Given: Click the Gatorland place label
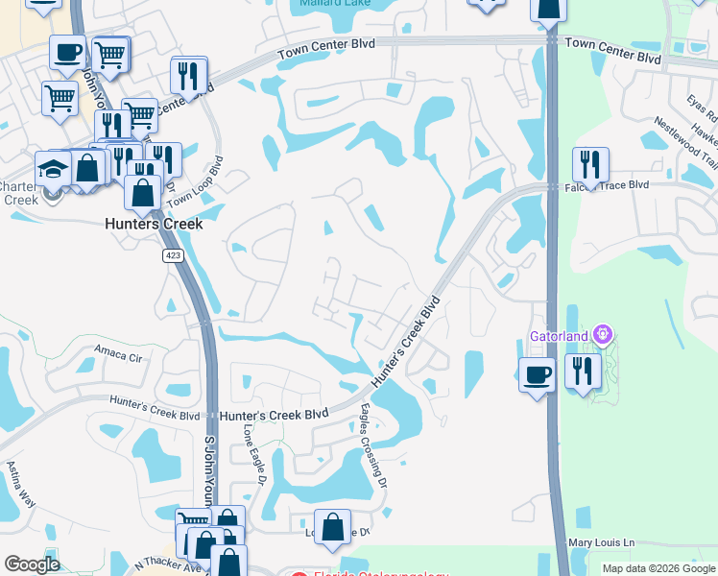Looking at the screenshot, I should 561,336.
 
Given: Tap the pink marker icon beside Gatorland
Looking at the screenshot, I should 603,335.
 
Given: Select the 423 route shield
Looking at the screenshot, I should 173,254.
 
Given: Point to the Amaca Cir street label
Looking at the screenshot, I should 117,354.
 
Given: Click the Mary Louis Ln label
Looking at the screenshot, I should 602,542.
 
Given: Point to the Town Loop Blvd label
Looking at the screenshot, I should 195,183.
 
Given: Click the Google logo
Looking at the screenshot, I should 32,564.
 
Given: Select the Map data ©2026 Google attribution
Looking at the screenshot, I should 658,568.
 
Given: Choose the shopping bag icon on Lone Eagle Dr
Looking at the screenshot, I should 332,528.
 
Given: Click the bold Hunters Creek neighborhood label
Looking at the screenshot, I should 154,224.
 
